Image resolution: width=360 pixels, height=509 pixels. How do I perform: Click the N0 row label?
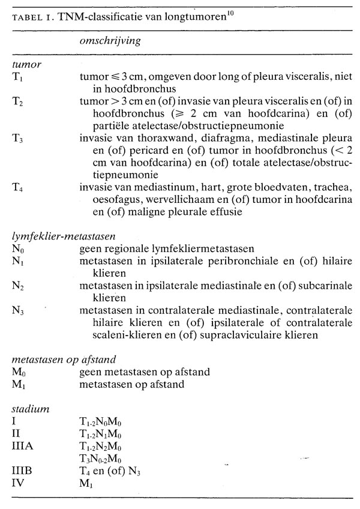18,248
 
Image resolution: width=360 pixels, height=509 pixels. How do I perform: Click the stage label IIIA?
23,443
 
